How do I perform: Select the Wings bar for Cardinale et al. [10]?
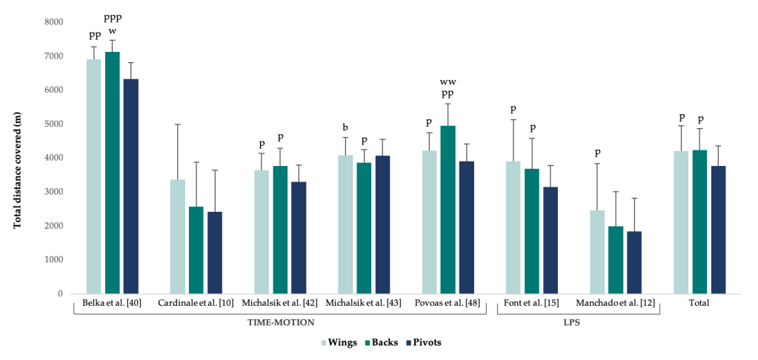coord(177,236)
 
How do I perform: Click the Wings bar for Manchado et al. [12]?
coord(597,252)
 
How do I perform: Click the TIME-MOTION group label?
coord(279,323)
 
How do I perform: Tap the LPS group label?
coord(578,323)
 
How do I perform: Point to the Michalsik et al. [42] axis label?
coord(279,303)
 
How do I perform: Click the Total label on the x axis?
coord(699,303)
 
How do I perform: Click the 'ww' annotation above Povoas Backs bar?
coord(447,81)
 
